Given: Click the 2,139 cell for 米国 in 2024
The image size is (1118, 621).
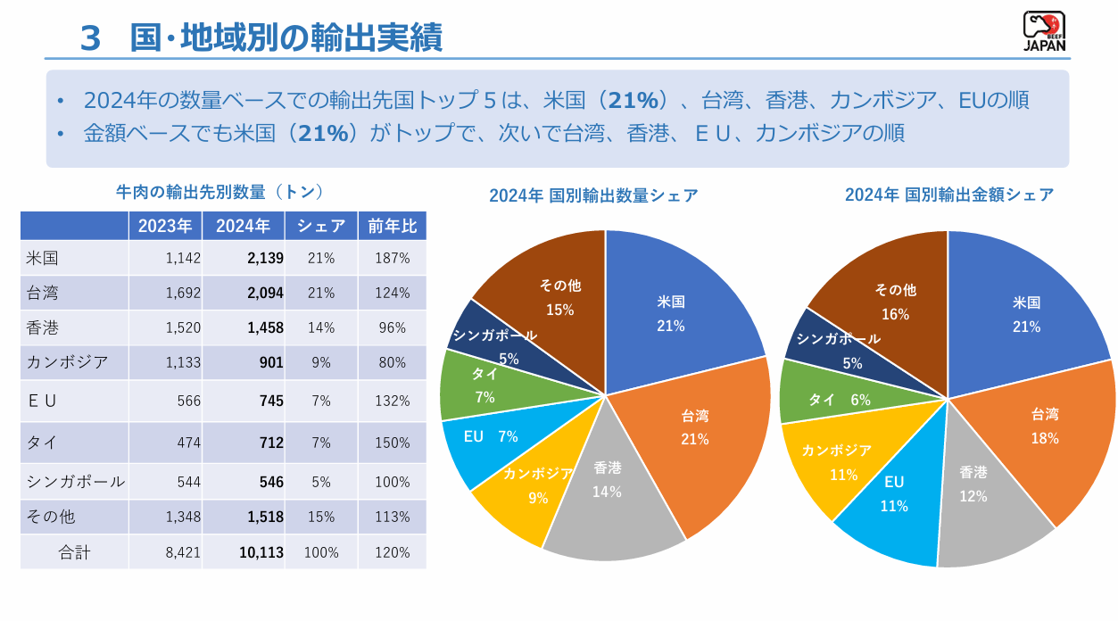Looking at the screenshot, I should tap(266, 258).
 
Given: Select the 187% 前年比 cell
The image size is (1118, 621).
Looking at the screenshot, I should tap(393, 258).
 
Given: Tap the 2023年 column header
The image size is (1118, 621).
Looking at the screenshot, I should tap(165, 227).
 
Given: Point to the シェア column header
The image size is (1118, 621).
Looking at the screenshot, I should tap(321, 227).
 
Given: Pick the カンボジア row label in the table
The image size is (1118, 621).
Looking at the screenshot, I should tap(68, 362).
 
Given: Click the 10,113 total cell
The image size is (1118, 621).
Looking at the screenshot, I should tap(261, 553).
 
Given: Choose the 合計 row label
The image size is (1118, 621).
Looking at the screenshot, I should tap(74, 553).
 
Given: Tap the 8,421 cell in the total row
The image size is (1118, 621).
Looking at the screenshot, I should tap(183, 553).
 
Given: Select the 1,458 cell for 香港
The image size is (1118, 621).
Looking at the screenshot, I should tap(266, 327).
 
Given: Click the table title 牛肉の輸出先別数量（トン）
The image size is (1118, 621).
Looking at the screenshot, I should tap(219, 191).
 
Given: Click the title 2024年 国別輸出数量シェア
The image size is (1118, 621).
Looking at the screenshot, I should tap(593, 195).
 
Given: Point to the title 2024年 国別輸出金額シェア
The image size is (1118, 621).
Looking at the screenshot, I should tap(949, 195).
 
